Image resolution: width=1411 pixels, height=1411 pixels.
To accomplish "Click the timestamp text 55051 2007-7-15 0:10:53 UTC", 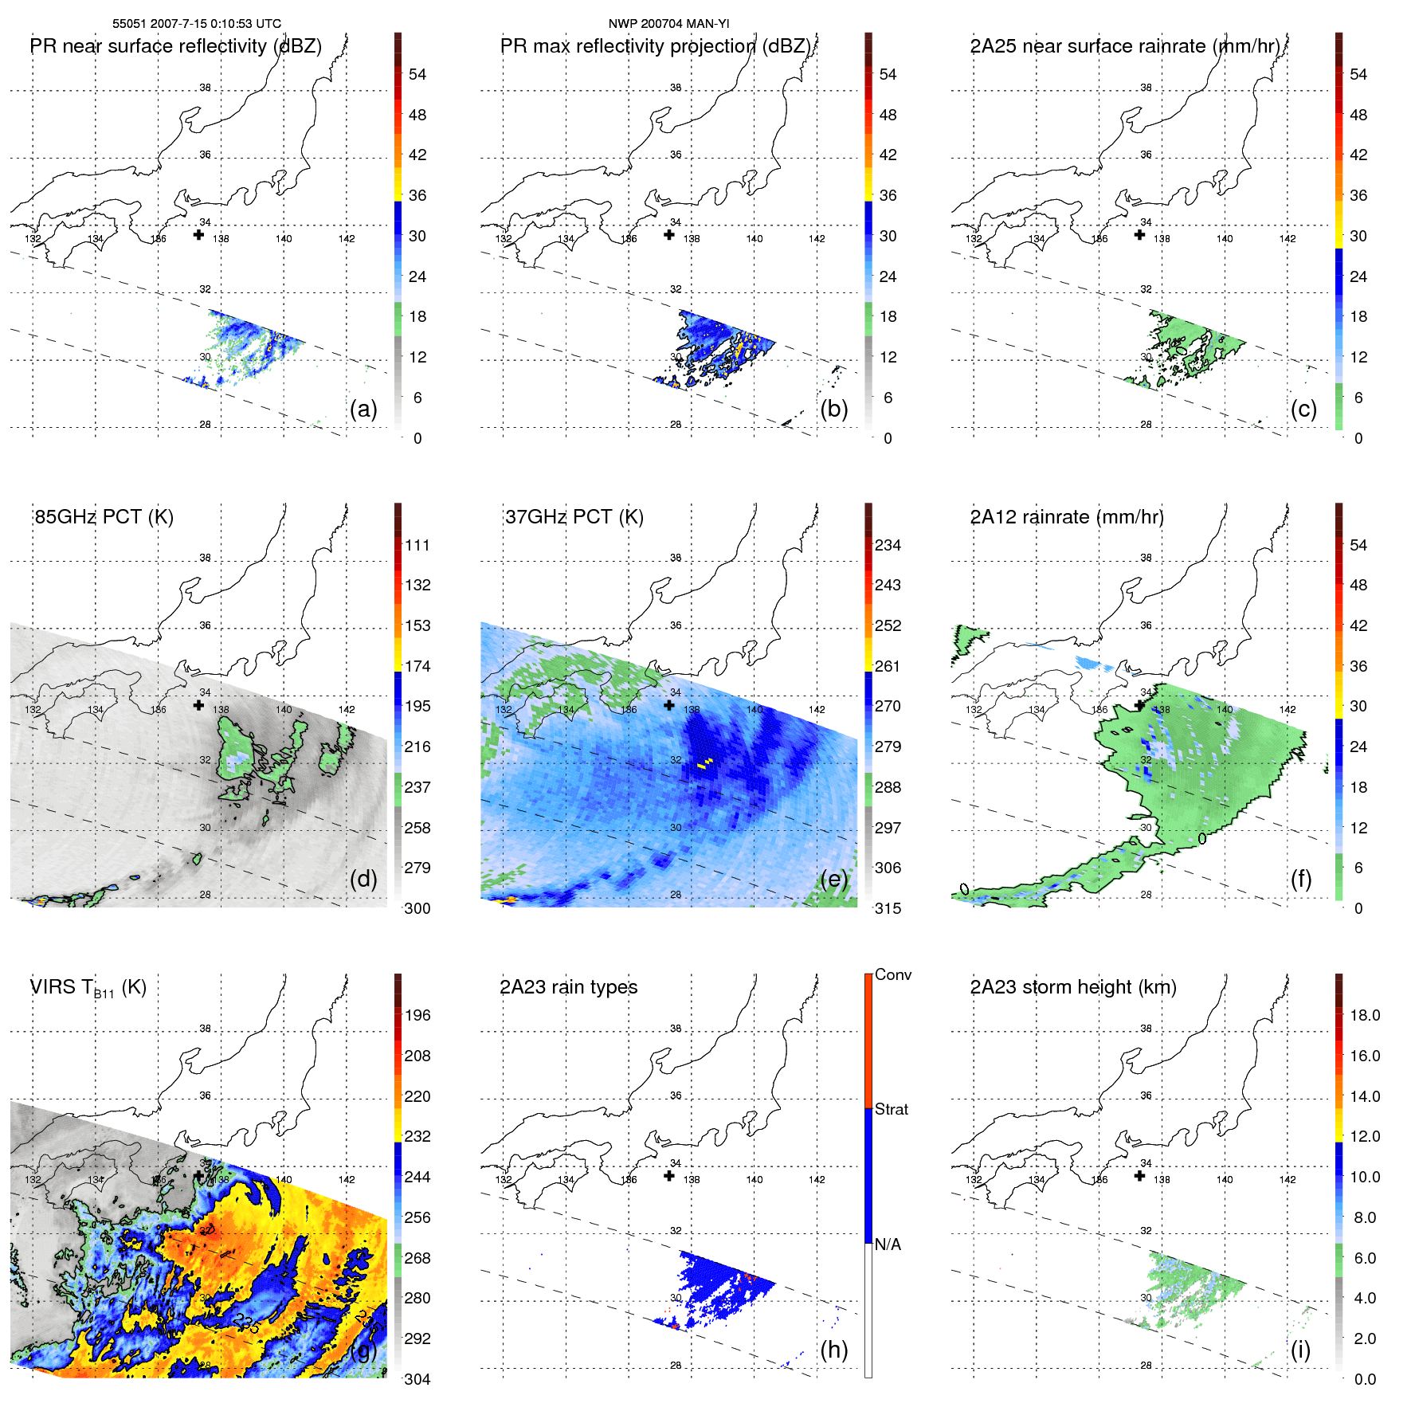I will (x=196, y=24).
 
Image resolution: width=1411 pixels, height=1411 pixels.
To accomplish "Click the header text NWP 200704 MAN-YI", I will (x=668, y=24).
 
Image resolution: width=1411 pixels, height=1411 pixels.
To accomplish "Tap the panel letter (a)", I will (x=363, y=409).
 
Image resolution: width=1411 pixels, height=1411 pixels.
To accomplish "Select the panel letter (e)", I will (x=833, y=879).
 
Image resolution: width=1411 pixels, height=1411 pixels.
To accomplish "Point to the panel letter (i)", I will (x=1300, y=1350).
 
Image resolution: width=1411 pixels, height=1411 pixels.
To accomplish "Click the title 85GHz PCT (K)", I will (x=104, y=517).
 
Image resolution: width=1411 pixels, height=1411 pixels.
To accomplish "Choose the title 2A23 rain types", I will (x=568, y=987).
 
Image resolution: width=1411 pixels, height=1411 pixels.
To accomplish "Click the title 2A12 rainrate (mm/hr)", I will (x=1067, y=517).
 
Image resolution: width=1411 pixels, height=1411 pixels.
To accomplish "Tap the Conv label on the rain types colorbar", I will (x=893, y=974).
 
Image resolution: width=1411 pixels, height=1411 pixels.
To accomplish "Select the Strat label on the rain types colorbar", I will (x=892, y=1109).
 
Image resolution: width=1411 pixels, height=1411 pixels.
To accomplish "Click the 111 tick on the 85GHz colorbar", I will (x=417, y=545).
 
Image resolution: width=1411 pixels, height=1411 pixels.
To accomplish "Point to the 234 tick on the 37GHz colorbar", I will (x=888, y=545).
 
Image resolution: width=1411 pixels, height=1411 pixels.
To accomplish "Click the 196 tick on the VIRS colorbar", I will (x=417, y=1015).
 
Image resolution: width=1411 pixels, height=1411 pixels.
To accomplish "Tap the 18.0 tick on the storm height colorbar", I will (x=1365, y=1015).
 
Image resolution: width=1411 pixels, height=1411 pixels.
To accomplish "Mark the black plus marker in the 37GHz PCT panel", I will (x=669, y=705).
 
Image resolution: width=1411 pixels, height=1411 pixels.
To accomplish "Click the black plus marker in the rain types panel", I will (x=669, y=1176).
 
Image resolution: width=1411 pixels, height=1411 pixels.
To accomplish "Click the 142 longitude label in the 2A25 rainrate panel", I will (x=1288, y=238).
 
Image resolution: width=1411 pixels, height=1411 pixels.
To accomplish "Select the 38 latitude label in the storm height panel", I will (x=1146, y=1029).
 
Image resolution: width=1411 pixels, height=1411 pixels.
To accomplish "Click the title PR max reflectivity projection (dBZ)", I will (x=655, y=46).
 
